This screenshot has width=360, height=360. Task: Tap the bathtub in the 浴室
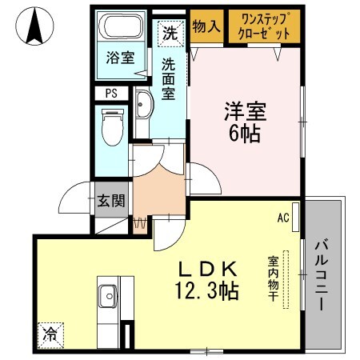pos(121,28)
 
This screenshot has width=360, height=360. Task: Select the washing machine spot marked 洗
pos(169,34)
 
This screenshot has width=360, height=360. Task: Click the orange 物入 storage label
pos(206,26)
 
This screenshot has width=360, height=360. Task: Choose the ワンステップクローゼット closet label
pos(262,27)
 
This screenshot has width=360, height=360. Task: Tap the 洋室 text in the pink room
pos(245,110)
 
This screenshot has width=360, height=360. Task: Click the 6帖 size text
pos(245,133)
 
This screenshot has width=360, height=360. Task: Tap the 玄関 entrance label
pos(111,201)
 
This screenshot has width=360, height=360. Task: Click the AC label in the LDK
pos(282,217)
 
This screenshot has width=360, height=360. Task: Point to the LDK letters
pos(205,268)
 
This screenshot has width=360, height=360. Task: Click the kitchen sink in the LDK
pos(107,299)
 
